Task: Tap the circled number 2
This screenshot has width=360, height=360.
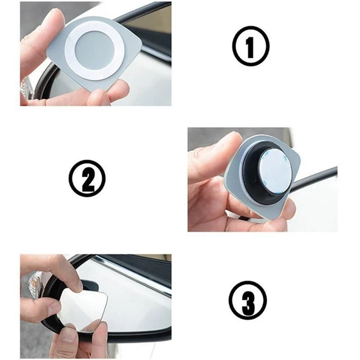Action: tap(87, 179)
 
